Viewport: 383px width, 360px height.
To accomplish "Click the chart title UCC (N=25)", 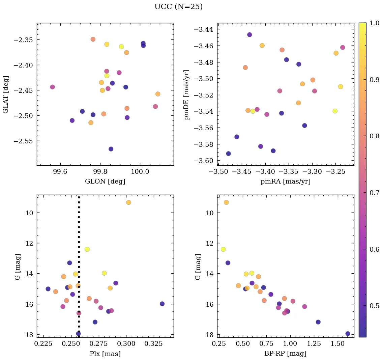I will click(x=178, y=7).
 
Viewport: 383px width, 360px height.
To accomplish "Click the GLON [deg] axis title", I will click(x=105, y=182).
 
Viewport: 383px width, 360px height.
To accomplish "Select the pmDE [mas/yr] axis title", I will click(x=187, y=95).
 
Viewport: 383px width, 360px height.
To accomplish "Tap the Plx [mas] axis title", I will click(x=105, y=354).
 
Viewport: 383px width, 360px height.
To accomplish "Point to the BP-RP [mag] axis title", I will click(x=286, y=354).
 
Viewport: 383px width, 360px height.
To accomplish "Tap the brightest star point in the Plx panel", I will click(x=128, y=202).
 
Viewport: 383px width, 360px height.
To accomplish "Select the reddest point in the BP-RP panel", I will click(x=348, y=334).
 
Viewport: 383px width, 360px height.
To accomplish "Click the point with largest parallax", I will click(x=162, y=304).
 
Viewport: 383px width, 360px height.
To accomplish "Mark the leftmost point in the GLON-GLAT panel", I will click(x=52, y=87).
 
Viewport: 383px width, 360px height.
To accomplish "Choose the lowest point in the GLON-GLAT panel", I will click(x=111, y=149).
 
